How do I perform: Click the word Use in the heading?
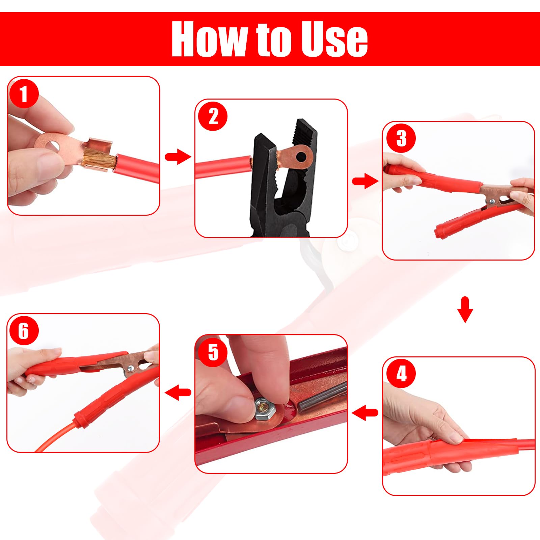334,39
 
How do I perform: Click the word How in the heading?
209,39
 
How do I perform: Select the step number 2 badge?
213,116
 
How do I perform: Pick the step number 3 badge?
401,138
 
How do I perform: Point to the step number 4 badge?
401,374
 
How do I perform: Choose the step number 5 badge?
213,352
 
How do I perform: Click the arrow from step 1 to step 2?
178,157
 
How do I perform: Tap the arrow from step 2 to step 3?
365,181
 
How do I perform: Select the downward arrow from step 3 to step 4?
465,309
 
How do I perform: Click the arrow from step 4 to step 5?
365,412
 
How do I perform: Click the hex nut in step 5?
265,408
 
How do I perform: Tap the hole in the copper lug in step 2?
301,157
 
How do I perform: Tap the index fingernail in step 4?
456,438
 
